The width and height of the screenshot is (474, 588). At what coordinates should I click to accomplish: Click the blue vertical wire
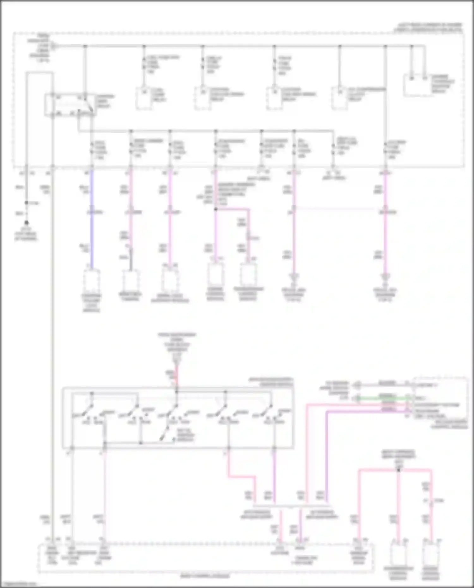[x=92, y=221]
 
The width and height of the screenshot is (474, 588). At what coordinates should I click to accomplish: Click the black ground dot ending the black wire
[x=27, y=223]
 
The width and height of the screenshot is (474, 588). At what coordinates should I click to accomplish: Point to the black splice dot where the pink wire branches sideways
[x=216, y=209]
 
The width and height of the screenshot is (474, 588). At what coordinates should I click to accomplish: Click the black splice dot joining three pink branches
[x=398, y=470]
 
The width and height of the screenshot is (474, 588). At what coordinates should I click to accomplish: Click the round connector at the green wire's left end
[x=357, y=398]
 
